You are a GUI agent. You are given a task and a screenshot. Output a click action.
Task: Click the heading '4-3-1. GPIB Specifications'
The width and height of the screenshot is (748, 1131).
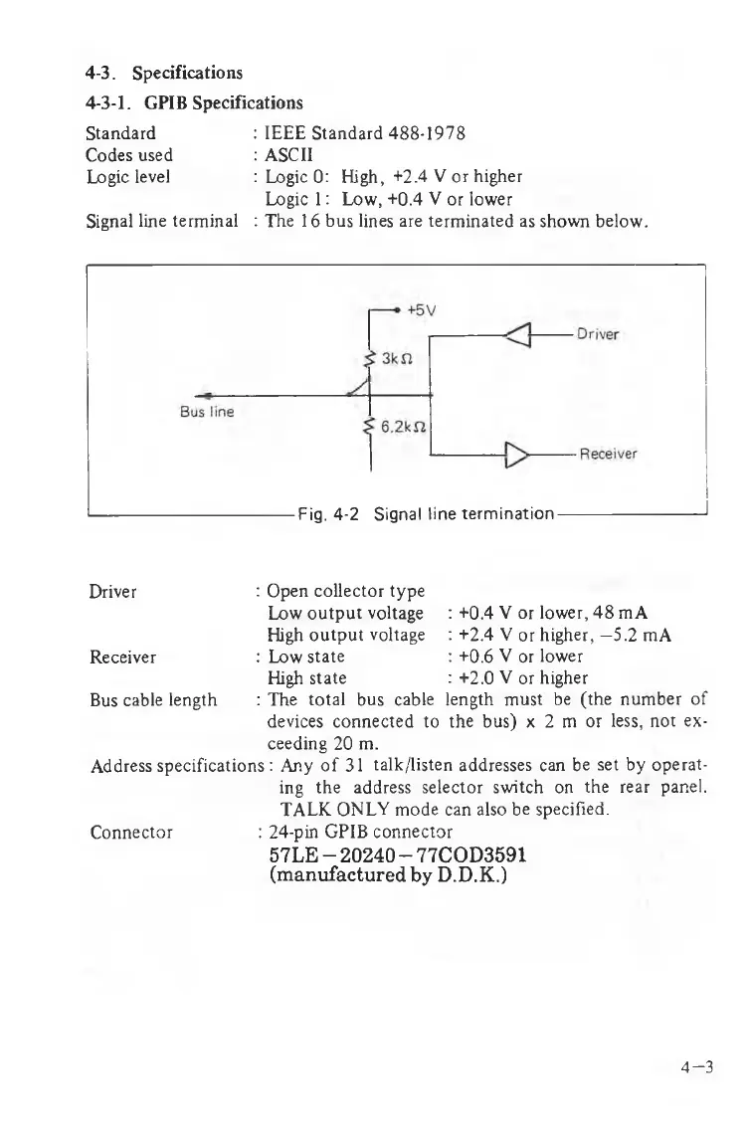194,102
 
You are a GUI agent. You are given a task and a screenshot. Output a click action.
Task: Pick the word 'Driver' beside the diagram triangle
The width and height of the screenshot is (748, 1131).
598,334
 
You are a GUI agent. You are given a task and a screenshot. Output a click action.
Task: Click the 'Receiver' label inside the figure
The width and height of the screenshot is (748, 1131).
609,456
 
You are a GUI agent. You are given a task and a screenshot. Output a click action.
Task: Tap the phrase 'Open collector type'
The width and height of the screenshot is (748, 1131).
345,592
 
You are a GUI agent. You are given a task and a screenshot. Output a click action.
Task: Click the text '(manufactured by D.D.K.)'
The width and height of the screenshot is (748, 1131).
388,878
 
